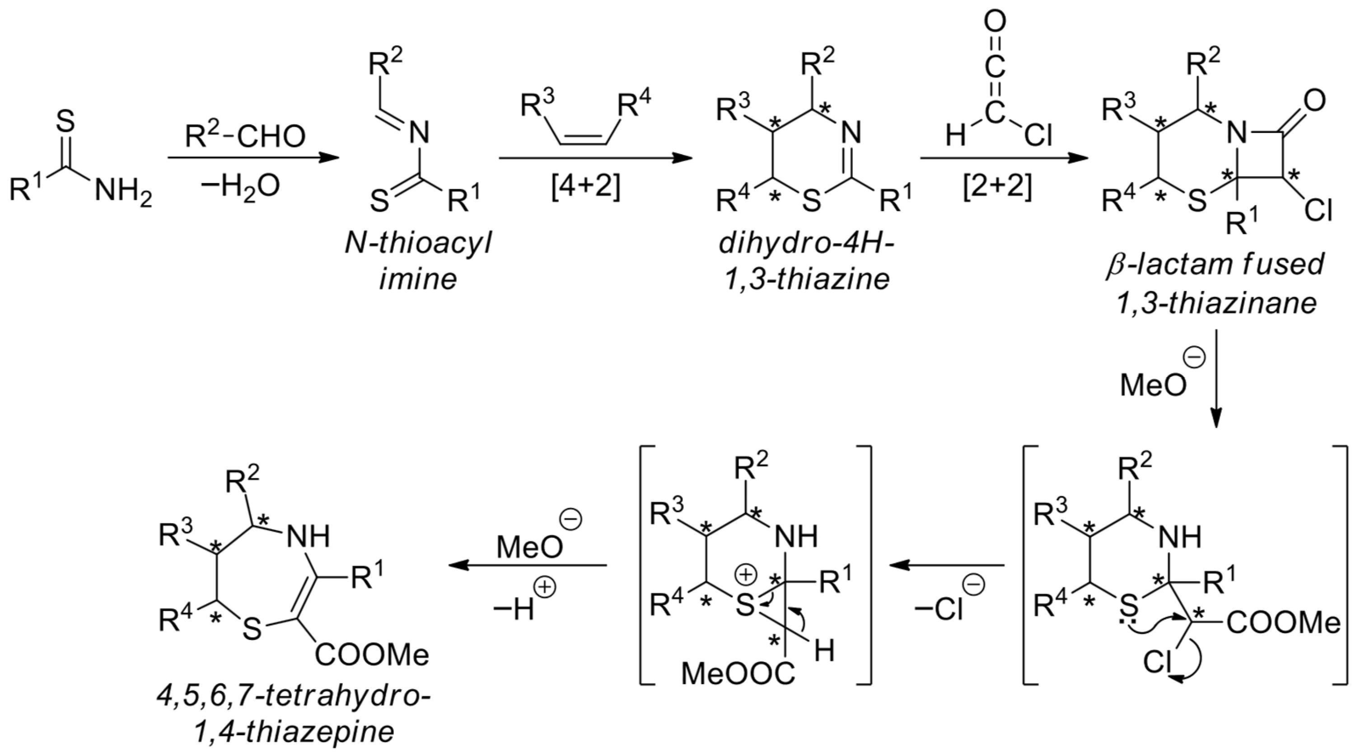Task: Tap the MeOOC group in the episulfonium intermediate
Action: point(738,674)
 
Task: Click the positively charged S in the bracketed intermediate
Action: point(745,606)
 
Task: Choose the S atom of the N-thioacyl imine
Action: point(379,202)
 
